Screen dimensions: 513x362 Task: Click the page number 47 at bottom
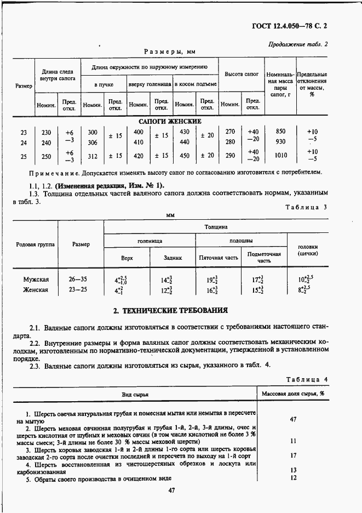tap(171, 491)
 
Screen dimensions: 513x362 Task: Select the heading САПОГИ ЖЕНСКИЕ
tap(170, 121)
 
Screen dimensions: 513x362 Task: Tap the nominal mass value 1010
tap(280, 156)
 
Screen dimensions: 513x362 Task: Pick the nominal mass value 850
tap(280, 132)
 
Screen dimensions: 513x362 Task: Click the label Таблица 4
tap(307, 379)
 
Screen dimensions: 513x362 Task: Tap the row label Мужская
tap(36, 279)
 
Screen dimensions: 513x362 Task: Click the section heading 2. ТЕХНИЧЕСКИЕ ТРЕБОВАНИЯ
tap(170, 311)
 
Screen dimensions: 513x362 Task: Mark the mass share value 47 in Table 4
tap(293, 419)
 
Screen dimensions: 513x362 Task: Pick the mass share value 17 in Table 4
tap(293, 455)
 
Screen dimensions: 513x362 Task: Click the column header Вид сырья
tap(135, 394)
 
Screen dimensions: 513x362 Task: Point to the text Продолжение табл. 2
tap(298, 45)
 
